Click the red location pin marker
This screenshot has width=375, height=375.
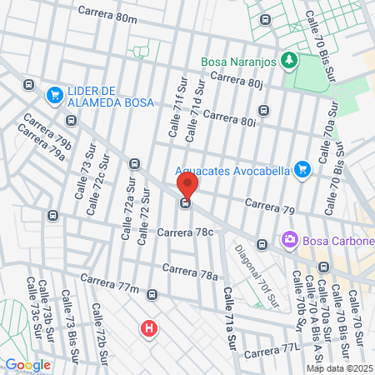click(187, 185)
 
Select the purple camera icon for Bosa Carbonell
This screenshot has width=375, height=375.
click(290, 241)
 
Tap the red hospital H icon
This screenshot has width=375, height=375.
click(149, 328)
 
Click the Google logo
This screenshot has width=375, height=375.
click(27, 364)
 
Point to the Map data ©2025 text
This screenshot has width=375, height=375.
click(338, 367)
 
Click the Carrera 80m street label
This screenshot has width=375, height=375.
click(107, 15)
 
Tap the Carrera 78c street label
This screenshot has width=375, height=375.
click(186, 232)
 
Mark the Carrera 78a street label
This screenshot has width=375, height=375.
click(190, 272)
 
